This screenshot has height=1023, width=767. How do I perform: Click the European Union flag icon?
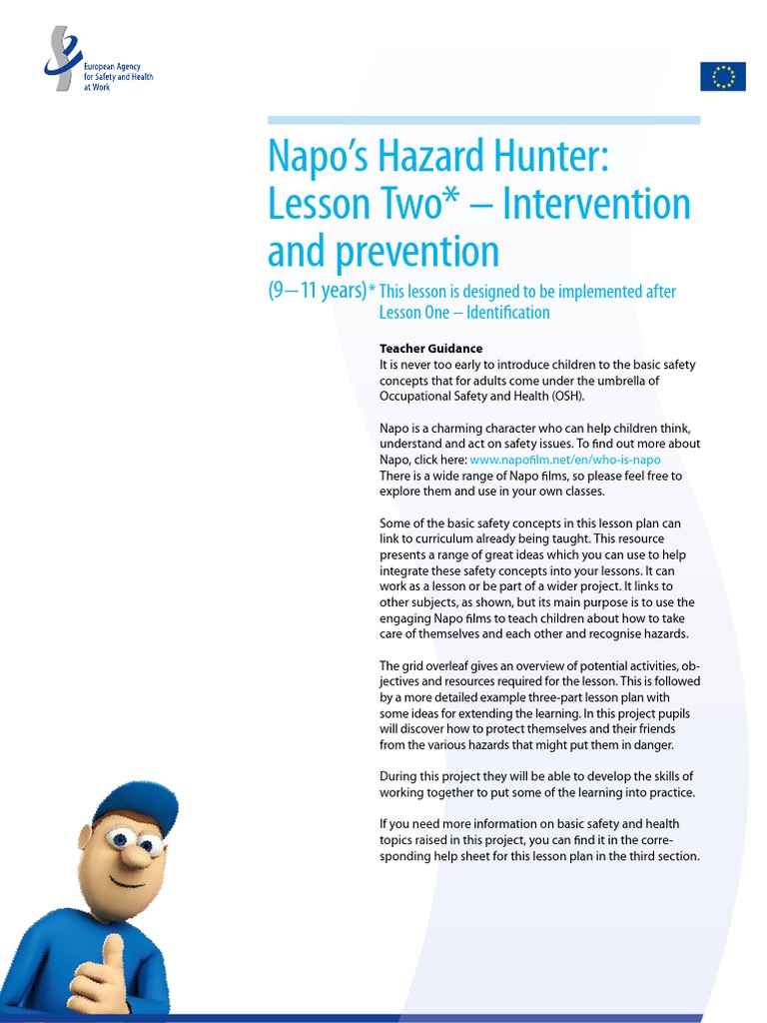(x=723, y=76)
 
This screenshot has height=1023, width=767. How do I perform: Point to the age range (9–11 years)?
(x=317, y=292)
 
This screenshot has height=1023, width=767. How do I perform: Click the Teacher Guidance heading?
(x=430, y=349)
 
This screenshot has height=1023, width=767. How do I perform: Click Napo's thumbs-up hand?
(x=99, y=974)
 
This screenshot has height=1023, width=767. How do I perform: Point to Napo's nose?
(x=135, y=855)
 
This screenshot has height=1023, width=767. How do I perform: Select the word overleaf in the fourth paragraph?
(x=450, y=666)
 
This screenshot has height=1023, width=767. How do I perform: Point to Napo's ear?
(x=86, y=837)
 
